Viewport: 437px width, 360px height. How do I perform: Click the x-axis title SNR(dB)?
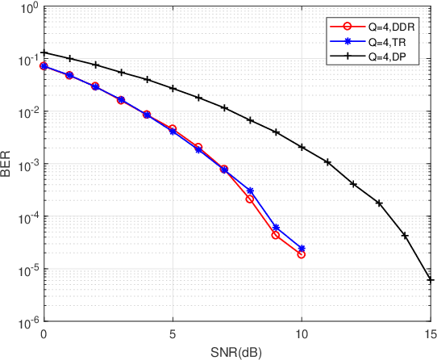pyautogui.click(x=237, y=351)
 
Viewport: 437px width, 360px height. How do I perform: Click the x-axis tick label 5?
pyautogui.click(x=173, y=333)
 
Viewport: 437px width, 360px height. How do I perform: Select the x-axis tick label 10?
pyautogui.click(x=302, y=333)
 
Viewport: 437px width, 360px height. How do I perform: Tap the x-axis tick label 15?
pyautogui.click(x=430, y=333)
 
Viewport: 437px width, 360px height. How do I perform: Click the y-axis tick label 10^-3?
pyautogui.click(x=23, y=164)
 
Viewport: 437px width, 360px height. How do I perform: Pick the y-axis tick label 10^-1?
pyautogui.click(x=23, y=60)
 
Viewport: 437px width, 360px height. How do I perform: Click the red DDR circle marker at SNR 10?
pyautogui.click(x=302, y=254)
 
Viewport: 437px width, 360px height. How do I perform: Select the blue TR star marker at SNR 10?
pyautogui.click(x=302, y=249)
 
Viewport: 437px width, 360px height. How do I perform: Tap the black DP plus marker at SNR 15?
pyautogui.click(x=431, y=280)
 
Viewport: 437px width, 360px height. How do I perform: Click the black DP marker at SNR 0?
pyautogui.click(x=44, y=53)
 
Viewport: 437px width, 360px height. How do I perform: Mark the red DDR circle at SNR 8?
pyautogui.click(x=250, y=199)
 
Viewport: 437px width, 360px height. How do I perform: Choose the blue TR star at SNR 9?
pyautogui.click(x=276, y=228)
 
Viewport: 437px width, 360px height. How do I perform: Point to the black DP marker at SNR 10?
pyautogui.click(x=302, y=147)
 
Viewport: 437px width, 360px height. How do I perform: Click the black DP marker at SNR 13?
pyautogui.click(x=379, y=203)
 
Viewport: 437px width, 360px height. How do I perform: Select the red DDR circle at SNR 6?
pyautogui.click(x=198, y=147)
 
